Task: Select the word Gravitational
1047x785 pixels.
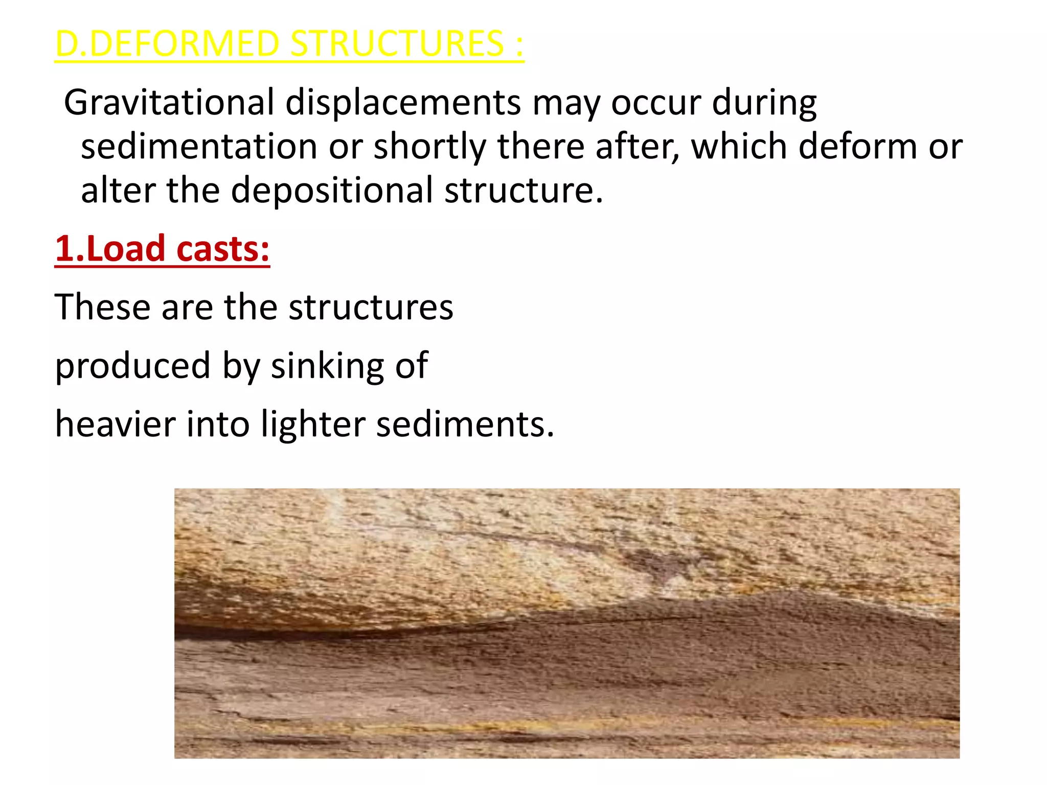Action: pyautogui.click(x=169, y=103)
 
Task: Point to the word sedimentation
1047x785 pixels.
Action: pyautogui.click(x=199, y=147)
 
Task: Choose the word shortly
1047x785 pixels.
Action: pyautogui.click(x=429, y=147)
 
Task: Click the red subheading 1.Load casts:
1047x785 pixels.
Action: pyautogui.click(x=162, y=249)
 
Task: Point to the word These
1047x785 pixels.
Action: pyautogui.click(x=102, y=307)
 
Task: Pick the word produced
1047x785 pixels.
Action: pyautogui.click(x=133, y=366)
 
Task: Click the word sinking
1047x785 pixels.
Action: pyautogui.click(x=327, y=366)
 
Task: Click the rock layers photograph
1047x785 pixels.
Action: pyautogui.click(x=566, y=623)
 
